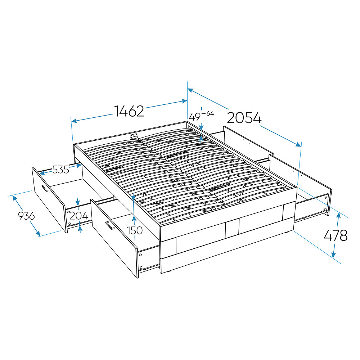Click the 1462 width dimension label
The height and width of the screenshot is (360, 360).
(x=129, y=111)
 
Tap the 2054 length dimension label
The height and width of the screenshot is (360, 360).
(x=244, y=118)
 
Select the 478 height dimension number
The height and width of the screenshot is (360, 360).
(x=336, y=235)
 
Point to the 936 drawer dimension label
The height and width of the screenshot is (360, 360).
(x=26, y=216)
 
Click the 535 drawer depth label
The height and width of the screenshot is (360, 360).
(x=60, y=170)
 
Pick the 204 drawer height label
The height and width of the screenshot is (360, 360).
(x=79, y=216)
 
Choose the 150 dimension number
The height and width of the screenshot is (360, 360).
(x=135, y=230)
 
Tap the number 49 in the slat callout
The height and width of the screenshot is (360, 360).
(x=195, y=117)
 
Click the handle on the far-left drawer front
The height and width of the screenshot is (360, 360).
(x=45, y=188)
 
